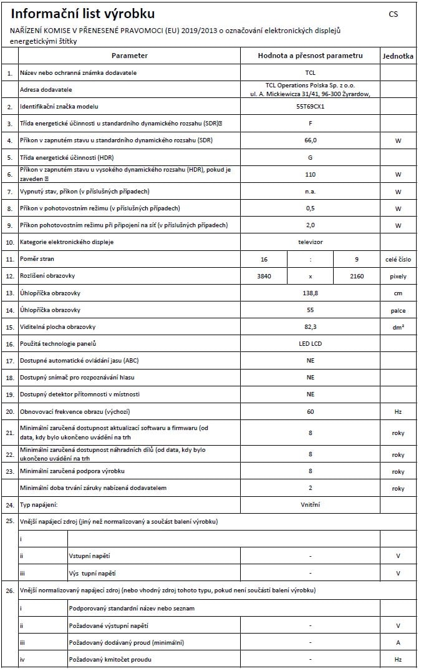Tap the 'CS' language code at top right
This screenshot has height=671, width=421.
point(393,14)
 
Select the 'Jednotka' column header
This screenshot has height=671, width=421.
point(397,56)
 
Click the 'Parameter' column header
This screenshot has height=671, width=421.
point(130,56)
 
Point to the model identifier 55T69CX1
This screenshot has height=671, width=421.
point(311,107)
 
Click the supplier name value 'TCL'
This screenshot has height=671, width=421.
point(311,73)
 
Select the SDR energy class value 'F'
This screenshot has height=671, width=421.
point(311,124)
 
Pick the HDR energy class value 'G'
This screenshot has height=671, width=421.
point(311,158)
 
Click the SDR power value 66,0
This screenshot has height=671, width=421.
point(311,140)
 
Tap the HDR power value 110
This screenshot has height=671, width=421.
point(311,175)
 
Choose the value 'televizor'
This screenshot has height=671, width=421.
point(311,242)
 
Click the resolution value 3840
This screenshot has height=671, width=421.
point(264,276)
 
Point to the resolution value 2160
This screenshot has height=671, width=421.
point(357,276)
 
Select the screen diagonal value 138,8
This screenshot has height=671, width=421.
point(311,293)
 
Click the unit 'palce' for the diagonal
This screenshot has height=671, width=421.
point(398,310)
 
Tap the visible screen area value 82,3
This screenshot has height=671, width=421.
point(311,326)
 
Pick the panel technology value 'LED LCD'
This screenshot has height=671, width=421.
point(311,343)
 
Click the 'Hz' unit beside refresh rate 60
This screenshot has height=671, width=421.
point(398,412)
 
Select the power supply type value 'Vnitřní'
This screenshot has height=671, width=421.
point(311,504)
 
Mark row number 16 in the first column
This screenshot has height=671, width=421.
point(9,344)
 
